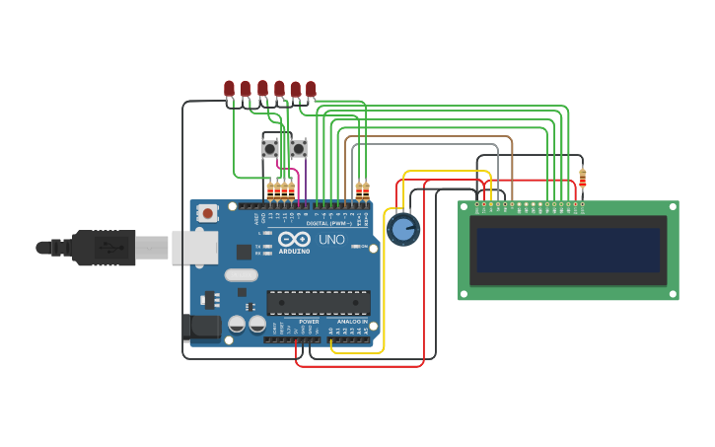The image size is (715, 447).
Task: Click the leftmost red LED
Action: tap(229, 89)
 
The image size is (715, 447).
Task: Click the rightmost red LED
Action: tap(311, 89)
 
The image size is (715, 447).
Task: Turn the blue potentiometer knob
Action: tap(402, 229)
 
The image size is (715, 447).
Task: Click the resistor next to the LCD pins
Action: tap(582, 179)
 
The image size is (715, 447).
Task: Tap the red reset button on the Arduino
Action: tap(208, 213)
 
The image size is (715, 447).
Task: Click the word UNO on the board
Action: tap(330, 239)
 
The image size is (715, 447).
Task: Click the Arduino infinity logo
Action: tap(294, 239)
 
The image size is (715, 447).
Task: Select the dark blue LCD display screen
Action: tap(568, 251)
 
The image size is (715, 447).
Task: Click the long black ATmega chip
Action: tap(318, 302)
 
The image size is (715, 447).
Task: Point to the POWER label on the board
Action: tap(309, 322)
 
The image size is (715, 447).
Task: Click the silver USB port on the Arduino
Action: tap(194, 247)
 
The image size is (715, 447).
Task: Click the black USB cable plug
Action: tap(104, 248)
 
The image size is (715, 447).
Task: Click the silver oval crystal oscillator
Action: tap(241, 275)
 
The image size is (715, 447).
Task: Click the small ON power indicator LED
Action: tap(354, 246)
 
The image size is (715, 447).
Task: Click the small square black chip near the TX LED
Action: tap(244, 252)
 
